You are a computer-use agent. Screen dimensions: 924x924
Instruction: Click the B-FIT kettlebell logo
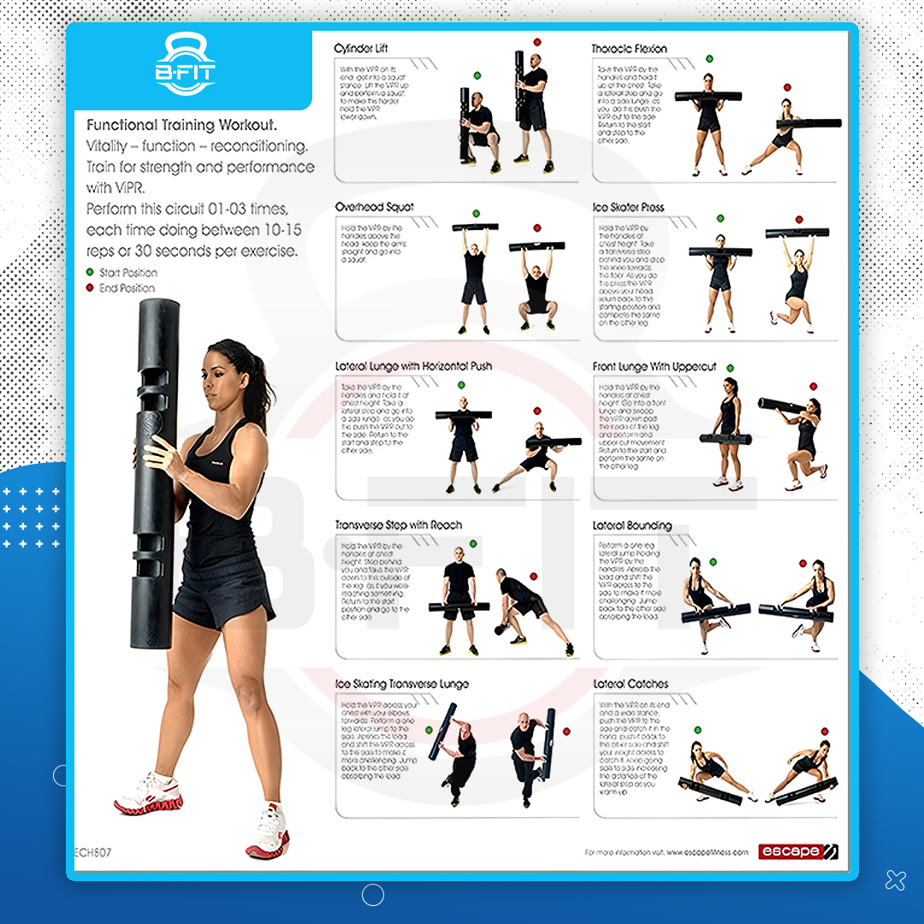(x=186, y=65)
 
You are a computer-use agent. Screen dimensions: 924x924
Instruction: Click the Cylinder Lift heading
(x=361, y=49)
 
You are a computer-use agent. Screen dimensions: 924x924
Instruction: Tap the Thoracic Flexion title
(x=629, y=49)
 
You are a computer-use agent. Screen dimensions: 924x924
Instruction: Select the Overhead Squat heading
(x=374, y=207)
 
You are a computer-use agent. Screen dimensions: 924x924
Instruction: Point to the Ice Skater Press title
(x=628, y=207)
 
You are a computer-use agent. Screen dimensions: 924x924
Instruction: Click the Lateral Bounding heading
(x=632, y=525)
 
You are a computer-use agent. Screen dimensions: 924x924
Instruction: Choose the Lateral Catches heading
(x=631, y=684)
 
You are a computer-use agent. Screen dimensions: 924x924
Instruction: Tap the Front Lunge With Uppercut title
(x=654, y=366)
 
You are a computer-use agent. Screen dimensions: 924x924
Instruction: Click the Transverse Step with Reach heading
(x=398, y=525)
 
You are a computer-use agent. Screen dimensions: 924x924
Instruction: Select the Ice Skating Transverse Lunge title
(x=402, y=684)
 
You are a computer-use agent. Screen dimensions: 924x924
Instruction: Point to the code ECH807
(x=93, y=852)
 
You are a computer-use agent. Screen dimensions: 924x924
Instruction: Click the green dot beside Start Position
(x=90, y=273)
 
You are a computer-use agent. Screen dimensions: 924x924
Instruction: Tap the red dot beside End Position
(x=90, y=288)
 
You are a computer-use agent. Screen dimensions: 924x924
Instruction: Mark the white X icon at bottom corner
(x=895, y=879)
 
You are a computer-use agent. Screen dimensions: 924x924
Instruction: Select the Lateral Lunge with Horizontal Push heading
(x=413, y=366)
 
